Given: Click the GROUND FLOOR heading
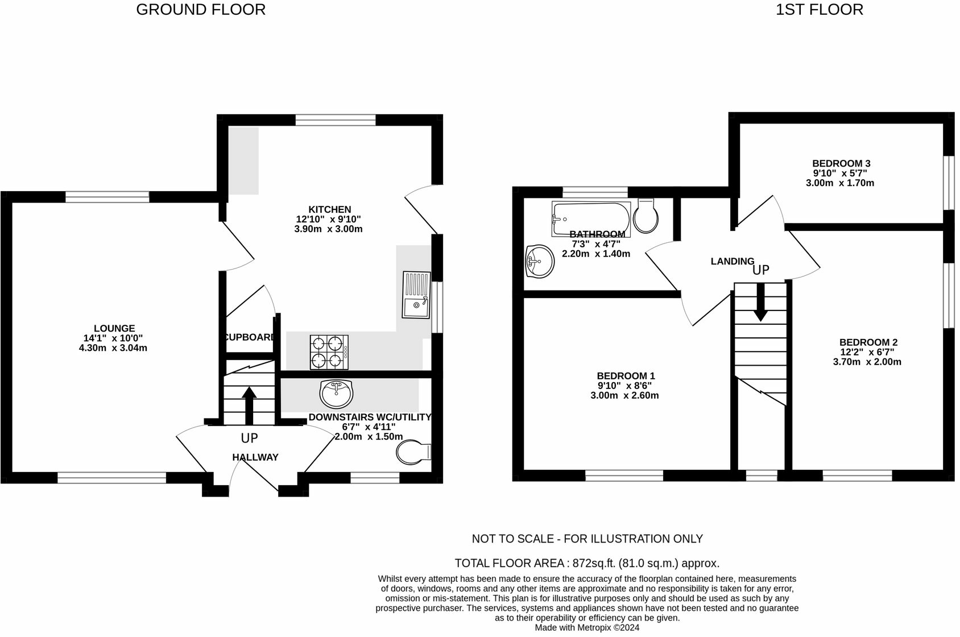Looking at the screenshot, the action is click(201, 10).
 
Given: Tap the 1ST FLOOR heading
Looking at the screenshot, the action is click(819, 10).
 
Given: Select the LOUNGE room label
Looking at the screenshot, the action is click(114, 328).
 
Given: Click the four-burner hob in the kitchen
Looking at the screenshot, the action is click(329, 352).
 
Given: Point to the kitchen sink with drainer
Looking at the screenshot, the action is click(416, 295).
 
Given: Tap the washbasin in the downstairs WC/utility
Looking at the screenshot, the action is click(337, 394).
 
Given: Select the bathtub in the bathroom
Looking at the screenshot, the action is click(591, 218).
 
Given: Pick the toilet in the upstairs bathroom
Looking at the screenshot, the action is click(646, 216).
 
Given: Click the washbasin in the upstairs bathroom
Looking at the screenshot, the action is click(540, 261).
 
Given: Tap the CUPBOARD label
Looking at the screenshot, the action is click(250, 337).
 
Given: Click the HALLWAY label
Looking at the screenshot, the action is click(255, 457).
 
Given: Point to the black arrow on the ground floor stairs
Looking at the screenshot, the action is click(249, 406).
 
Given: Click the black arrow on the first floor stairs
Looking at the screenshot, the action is click(761, 302).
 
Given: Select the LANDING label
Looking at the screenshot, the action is click(733, 261).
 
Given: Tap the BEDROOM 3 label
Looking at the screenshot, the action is click(841, 163).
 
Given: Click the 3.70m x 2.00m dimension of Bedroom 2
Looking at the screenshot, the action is click(867, 362).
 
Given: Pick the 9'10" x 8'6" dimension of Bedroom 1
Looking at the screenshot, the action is click(625, 386).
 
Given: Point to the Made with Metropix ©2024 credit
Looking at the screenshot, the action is click(587, 627).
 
